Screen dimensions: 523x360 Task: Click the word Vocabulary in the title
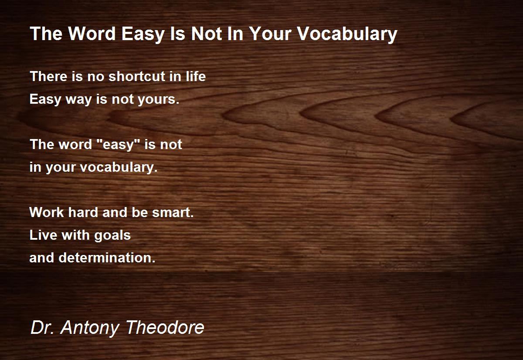pyautogui.click(x=347, y=34)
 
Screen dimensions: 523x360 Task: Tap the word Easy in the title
pyautogui.click(x=143, y=34)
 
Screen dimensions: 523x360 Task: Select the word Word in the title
pyautogui.click(x=92, y=34)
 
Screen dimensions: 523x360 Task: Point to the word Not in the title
pyautogui.click(x=207, y=34)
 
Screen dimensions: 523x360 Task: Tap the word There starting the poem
pyautogui.click(x=48, y=76)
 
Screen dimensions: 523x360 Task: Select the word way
pyautogui.click(x=79, y=100)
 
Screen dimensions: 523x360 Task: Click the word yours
pyautogui.click(x=158, y=100)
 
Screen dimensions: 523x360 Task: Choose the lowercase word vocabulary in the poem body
pyautogui.click(x=119, y=168)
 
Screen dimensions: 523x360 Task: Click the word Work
pyautogui.click(x=47, y=212)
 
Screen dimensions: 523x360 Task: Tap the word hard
pyautogui.click(x=83, y=212)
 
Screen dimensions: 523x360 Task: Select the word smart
pyautogui.click(x=173, y=212)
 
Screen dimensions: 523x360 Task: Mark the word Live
pyautogui.click(x=43, y=235)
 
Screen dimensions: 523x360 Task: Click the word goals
pyautogui.click(x=112, y=235)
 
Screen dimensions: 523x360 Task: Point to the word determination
pyautogui.click(x=107, y=258)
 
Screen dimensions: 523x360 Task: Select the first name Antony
pyautogui.click(x=90, y=328)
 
